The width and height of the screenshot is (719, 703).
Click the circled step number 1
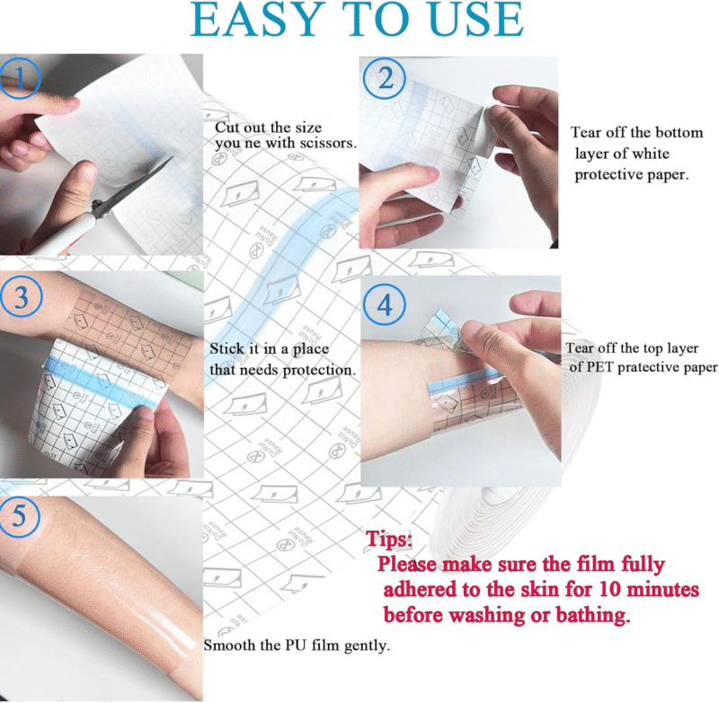(x=19, y=78)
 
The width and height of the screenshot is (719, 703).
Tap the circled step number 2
(x=385, y=78)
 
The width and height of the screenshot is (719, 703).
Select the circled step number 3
(x=21, y=297)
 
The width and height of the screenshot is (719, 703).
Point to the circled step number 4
(x=385, y=304)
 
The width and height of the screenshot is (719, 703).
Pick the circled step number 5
(x=20, y=516)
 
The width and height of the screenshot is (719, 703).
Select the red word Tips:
(x=388, y=539)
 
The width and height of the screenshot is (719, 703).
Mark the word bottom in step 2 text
(x=679, y=132)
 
